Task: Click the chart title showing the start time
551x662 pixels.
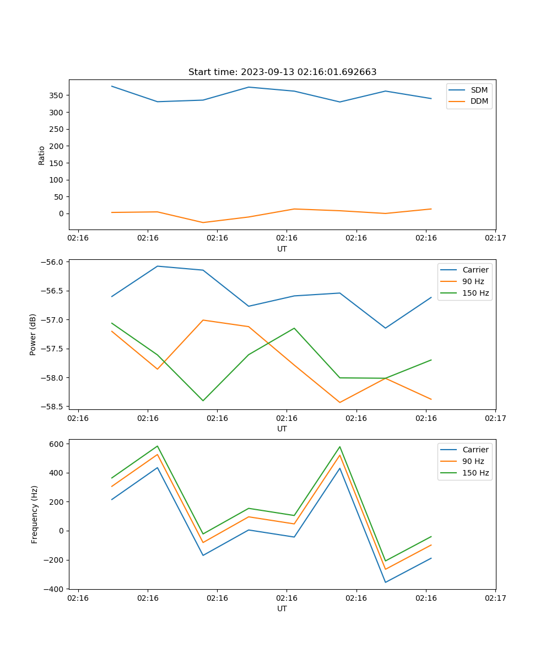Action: click(282, 72)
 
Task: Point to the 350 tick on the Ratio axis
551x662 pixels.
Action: click(57, 95)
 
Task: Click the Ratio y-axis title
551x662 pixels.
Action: click(42, 155)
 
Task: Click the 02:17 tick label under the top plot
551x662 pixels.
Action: click(495, 238)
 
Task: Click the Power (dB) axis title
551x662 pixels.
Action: click(33, 334)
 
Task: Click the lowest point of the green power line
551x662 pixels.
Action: click(203, 401)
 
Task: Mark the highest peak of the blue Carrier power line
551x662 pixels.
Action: click(157, 266)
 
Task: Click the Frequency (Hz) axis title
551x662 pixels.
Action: click(35, 514)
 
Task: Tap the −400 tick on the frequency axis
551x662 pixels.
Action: click(56, 589)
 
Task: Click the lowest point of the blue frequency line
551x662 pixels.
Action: click(385, 582)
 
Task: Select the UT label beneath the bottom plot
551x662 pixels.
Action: click(282, 608)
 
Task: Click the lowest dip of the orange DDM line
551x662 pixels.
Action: click(203, 222)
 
